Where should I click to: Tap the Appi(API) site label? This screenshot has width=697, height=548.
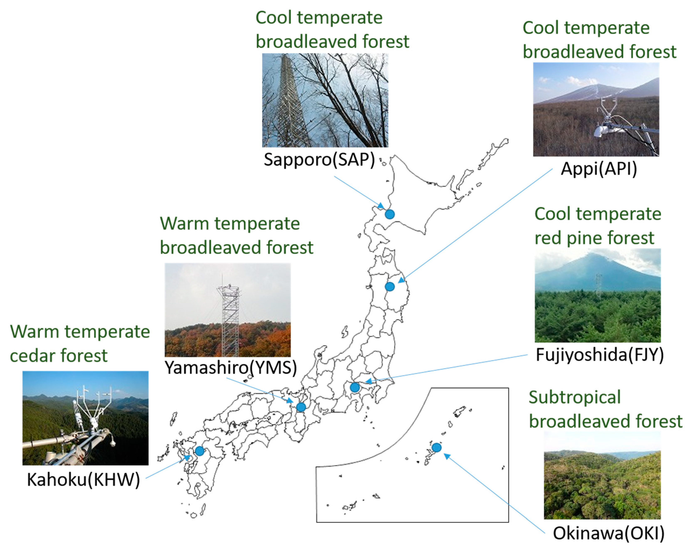pos(599,169)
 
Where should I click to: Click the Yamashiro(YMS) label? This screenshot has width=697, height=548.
pos(231,368)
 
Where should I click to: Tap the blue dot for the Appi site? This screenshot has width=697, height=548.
pos(390,287)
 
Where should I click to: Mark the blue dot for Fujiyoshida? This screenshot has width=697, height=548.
pos(355,388)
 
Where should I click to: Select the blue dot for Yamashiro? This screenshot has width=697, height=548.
pos(301,407)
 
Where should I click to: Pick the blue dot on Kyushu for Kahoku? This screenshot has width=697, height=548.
pos(199,451)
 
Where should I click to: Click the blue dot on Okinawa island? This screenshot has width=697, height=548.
pos(436,447)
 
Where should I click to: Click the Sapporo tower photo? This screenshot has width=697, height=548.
pos(325,100)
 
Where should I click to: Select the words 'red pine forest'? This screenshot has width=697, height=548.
pos(594,238)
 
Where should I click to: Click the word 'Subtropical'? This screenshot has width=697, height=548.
pos(575,397)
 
